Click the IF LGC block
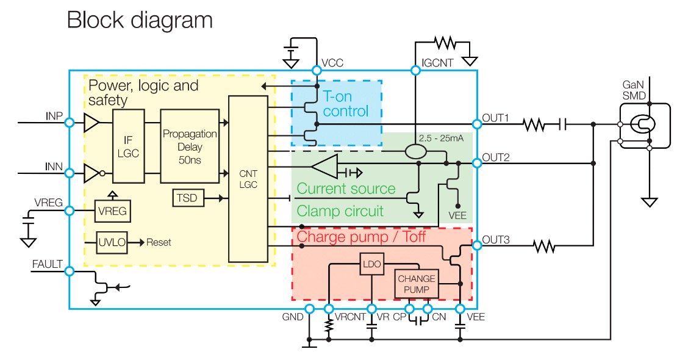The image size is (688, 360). point(128,146)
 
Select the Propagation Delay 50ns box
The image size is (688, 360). point(190,146)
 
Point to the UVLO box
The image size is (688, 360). point(112,242)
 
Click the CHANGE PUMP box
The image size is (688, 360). point(417,284)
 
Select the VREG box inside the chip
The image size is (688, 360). point(112,211)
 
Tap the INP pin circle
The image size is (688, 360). point(70,123)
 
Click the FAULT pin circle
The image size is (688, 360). point(70,272)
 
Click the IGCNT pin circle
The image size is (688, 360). point(416,71)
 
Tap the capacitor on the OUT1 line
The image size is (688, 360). point(564,124)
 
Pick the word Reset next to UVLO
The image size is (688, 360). point(159,242)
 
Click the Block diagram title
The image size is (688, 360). point(140,20)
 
